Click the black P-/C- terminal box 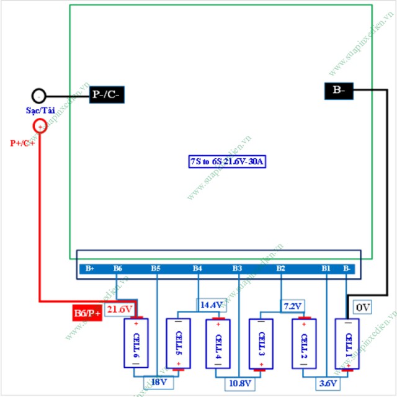pyautogui.click(x=107, y=94)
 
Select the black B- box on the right pyautogui.click(x=339, y=91)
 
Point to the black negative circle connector pyautogui.click(x=39, y=96)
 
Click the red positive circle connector pyautogui.click(x=39, y=126)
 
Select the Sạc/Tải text pyautogui.click(x=40, y=110)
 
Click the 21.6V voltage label pyautogui.click(x=120, y=309)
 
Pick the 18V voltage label pyautogui.click(x=158, y=382)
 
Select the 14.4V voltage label pyautogui.click(x=212, y=305)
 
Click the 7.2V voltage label pyautogui.click(x=292, y=306)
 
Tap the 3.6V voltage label pyautogui.click(x=327, y=382)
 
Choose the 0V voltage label pyautogui.click(x=362, y=306)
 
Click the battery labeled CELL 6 pyautogui.click(x=136, y=344)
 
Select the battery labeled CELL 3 pyautogui.click(x=260, y=344)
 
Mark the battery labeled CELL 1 pyautogui.click(x=347, y=344)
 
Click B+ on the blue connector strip pyautogui.click(x=90, y=269)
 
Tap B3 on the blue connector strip pyautogui.click(x=238, y=269)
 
